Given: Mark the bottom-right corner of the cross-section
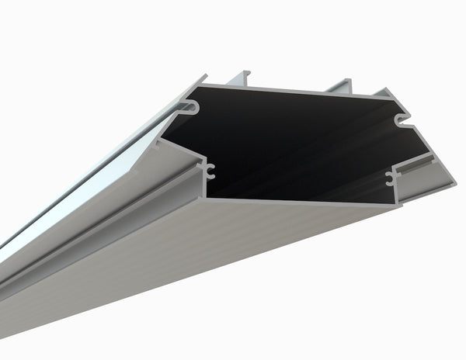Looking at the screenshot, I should pyautogui.click(x=398, y=206).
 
